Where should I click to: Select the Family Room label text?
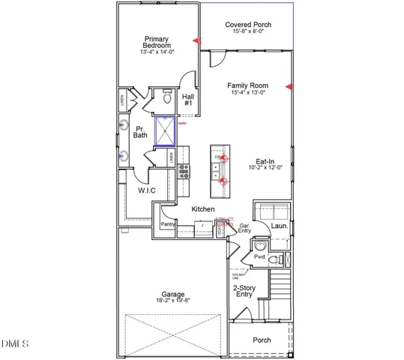point(248,85)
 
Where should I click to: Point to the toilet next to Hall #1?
point(166,98)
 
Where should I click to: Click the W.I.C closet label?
point(146,191)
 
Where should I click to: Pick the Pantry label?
point(167,223)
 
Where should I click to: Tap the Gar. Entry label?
point(244,228)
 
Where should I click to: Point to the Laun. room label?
point(280,224)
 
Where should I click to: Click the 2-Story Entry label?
point(244,290)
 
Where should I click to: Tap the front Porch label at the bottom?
point(261,340)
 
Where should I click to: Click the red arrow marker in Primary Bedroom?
point(197,40)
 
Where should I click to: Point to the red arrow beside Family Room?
point(290,88)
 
